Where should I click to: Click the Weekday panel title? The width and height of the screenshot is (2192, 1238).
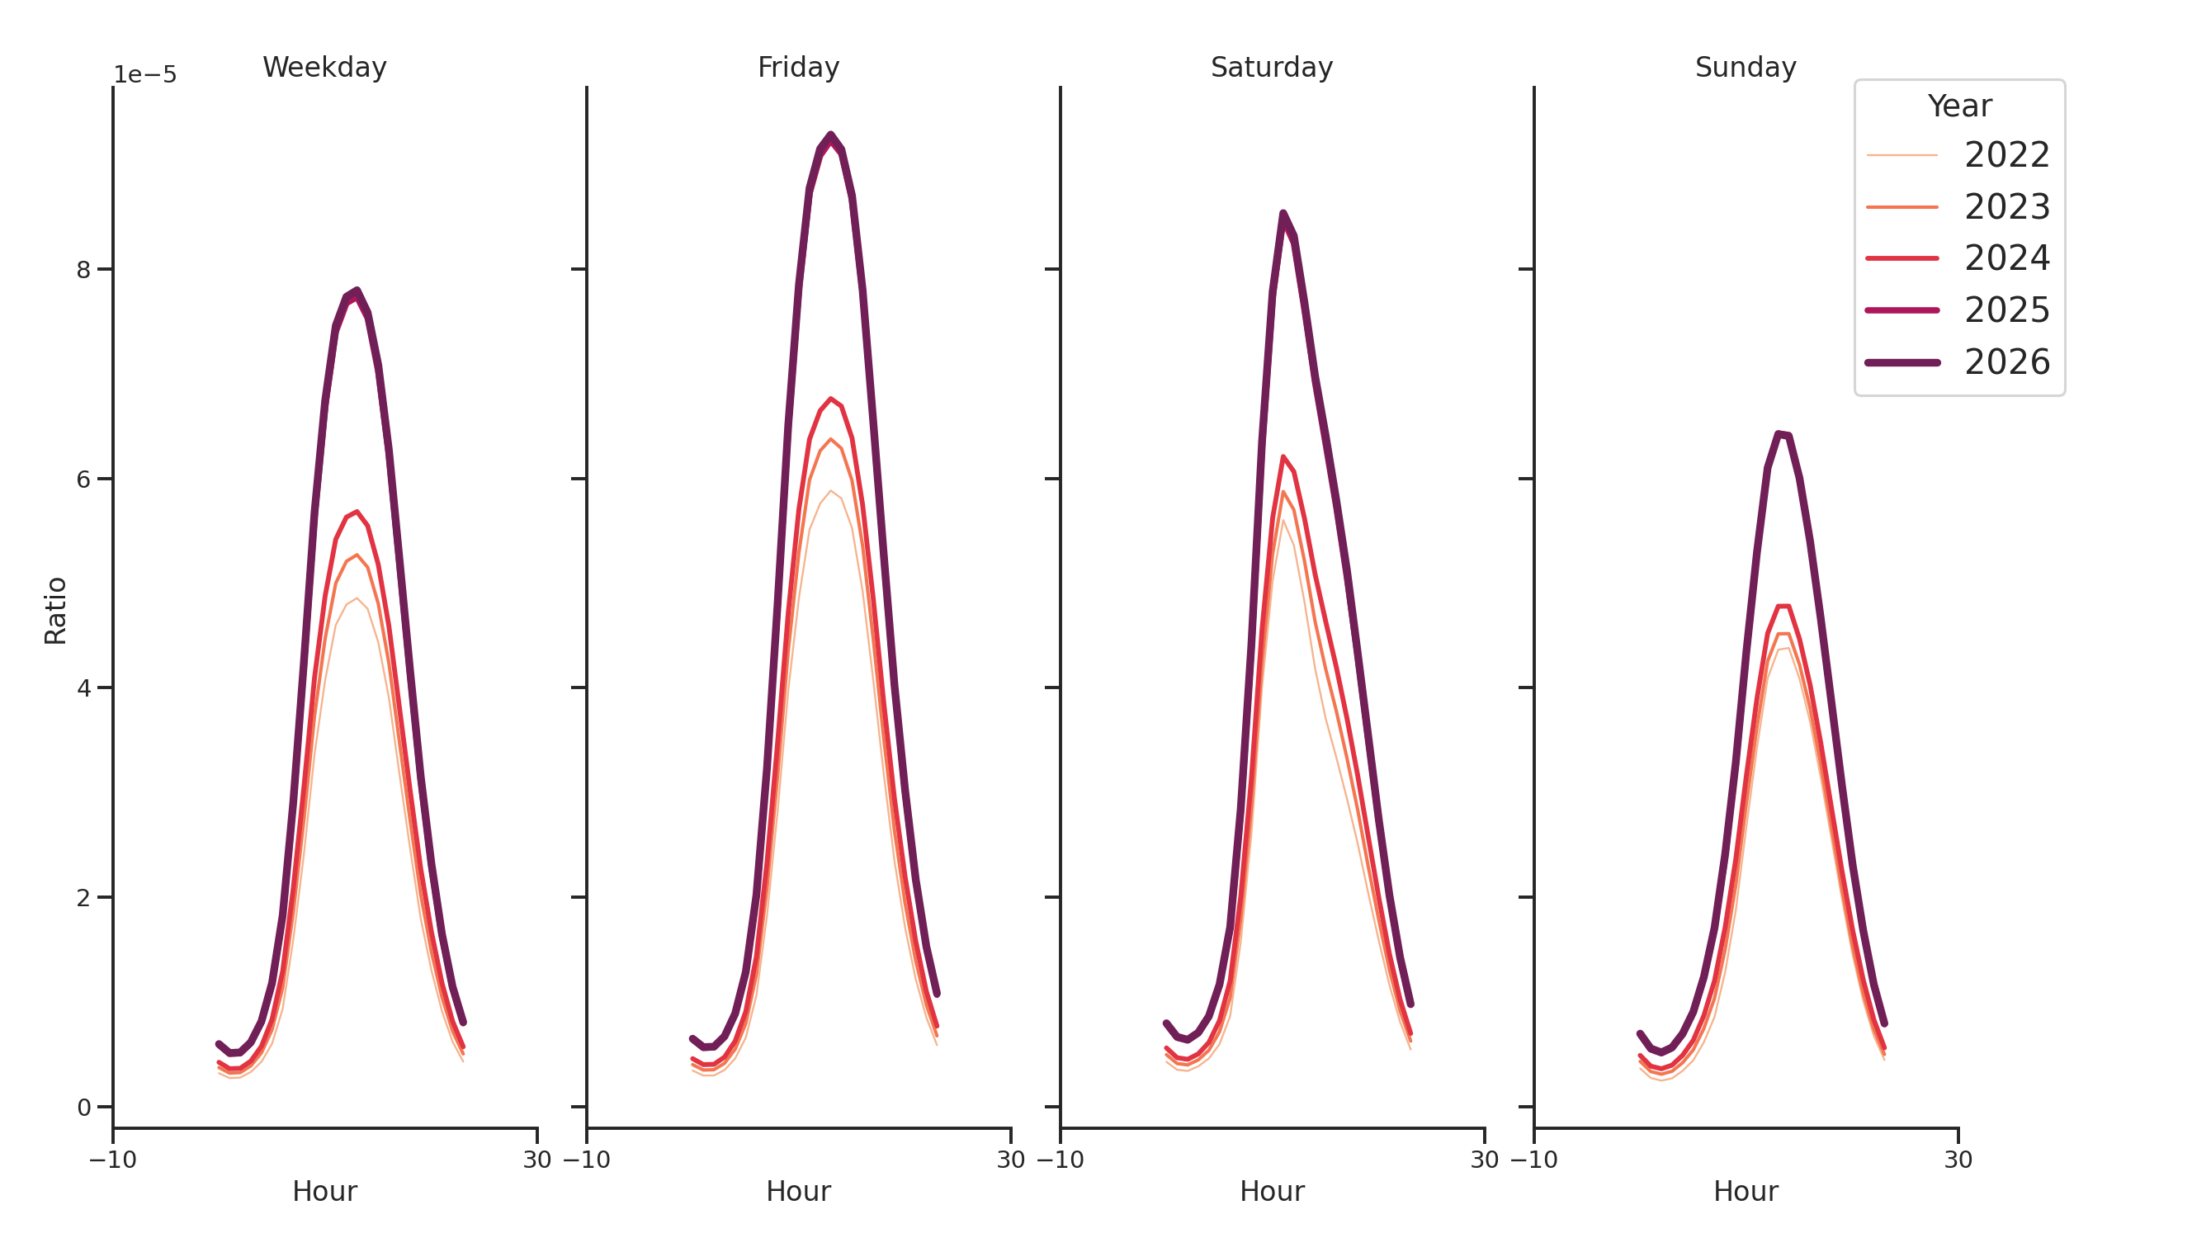[x=324, y=67]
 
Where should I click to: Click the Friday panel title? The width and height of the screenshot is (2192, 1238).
[x=797, y=67]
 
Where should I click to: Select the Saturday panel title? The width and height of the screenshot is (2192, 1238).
[x=1271, y=67]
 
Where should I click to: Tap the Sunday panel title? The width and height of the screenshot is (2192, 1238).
[x=1746, y=67]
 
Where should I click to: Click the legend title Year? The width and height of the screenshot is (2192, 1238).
[x=1958, y=106]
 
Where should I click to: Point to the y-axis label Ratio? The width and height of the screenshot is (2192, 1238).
[x=55, y=610]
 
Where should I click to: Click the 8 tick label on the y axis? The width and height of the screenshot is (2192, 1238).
[x=83, y=270]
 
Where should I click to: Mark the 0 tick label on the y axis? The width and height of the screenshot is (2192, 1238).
[x=83, y=1107]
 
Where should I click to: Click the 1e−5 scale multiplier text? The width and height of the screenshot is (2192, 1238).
[x=145, y=75]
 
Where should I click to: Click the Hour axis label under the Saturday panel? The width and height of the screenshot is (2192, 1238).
[x=1271, y=1191]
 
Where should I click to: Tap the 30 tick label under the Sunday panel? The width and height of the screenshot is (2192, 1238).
[x=1958, y=1160]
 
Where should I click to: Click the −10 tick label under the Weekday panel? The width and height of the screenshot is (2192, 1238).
[x=113, y=1160]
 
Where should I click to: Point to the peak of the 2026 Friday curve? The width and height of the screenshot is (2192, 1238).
[x=830, y=135]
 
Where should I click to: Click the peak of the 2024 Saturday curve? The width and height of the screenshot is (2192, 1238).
[x=1283, y=457]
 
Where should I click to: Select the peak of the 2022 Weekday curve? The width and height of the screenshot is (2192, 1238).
[x=357, y=598]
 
